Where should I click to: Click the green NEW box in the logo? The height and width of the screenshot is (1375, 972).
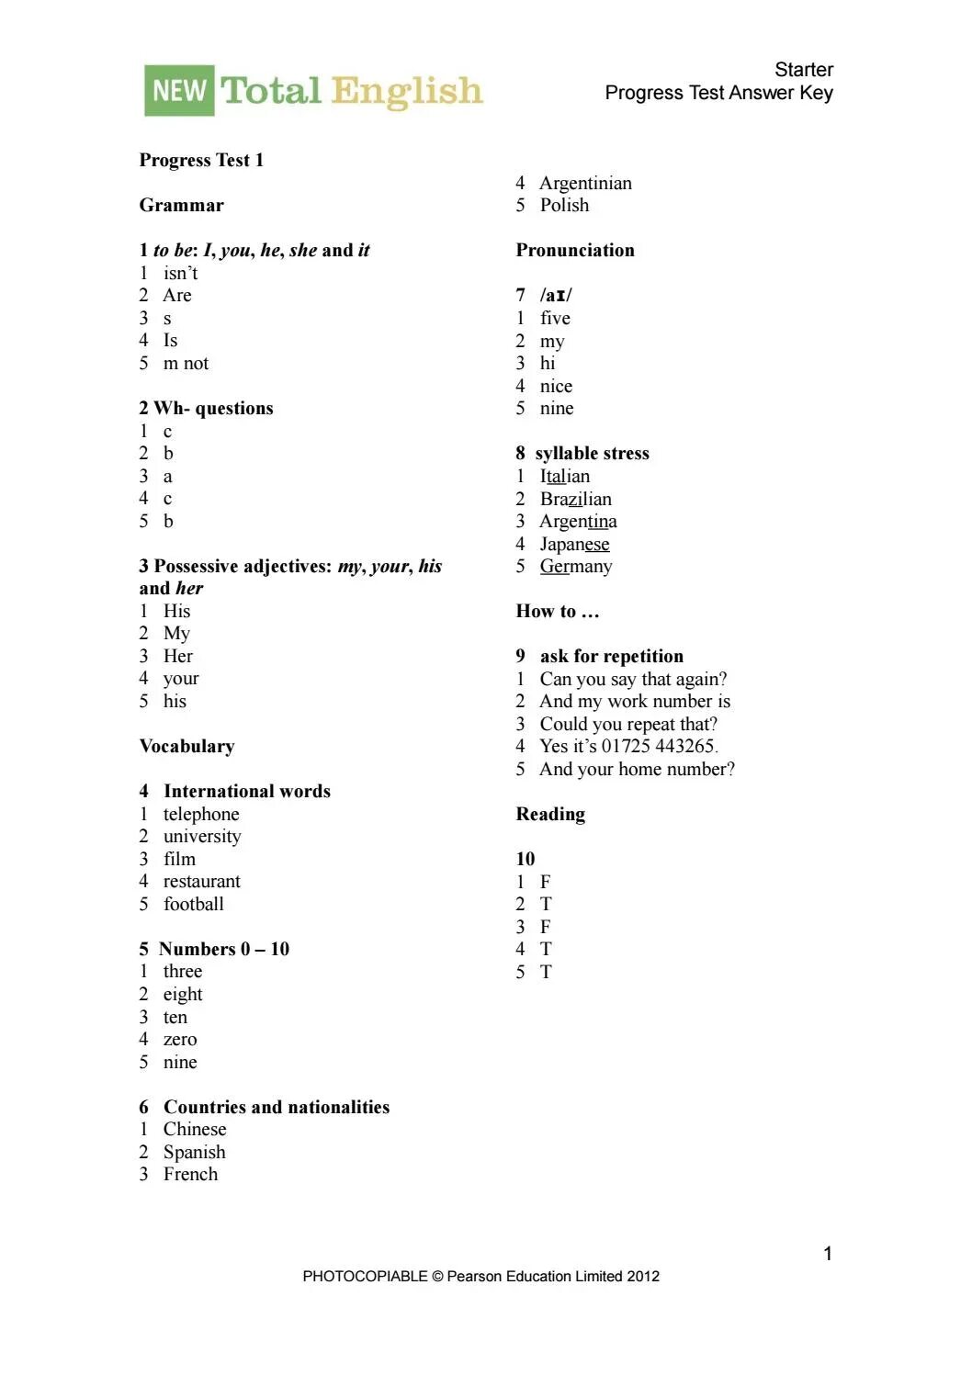pos(179,90)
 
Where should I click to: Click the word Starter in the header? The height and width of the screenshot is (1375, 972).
pos(803,70)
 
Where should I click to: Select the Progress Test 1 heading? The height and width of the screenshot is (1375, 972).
pos(201,160)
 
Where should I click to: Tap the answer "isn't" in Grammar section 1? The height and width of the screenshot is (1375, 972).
pos(180,273)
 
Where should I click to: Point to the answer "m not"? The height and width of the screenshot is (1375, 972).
pos(186,364)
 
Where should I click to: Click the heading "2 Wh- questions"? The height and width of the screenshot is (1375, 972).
pos(206,408)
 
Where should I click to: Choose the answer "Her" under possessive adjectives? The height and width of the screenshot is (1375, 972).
pos(177,656)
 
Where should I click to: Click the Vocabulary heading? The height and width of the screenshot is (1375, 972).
pos(186,746)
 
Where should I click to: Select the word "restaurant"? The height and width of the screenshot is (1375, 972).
pos(201,882)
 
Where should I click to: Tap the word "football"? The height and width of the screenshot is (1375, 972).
pos(193,904)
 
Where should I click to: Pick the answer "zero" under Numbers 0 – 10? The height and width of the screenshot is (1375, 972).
pos(180,1040)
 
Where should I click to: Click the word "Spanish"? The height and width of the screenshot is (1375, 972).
pos(194,1152)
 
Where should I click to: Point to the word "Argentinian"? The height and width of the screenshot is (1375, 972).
pos(585,183)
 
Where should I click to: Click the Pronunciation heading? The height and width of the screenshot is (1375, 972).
pos(574,250)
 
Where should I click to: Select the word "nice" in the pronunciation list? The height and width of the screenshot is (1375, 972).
pos(556,386)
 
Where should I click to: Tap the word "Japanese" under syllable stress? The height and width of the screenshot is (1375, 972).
pos(574,544)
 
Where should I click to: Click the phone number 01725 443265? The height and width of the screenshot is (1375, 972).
pos(658,746)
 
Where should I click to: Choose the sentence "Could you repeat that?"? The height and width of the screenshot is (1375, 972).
pos(628,724)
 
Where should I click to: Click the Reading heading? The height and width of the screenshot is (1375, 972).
pos(550,814)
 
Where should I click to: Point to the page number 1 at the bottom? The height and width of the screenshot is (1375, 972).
pos(828,1254)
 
